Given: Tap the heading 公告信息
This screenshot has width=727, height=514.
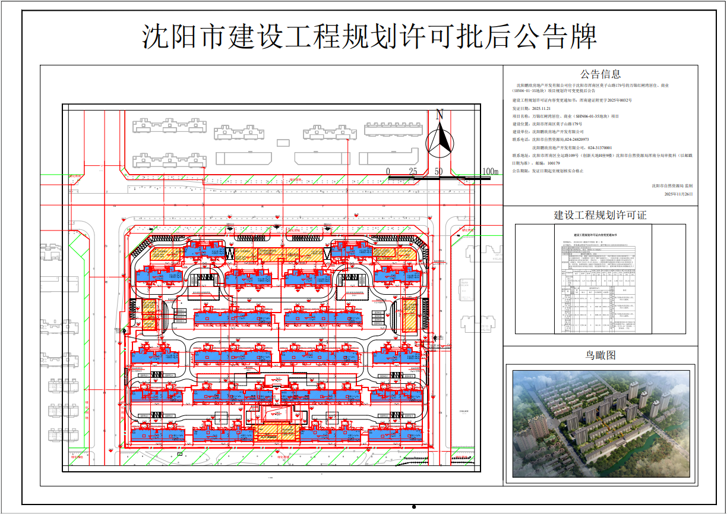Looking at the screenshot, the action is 600,74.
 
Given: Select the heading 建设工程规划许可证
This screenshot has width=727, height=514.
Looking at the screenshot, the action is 600,215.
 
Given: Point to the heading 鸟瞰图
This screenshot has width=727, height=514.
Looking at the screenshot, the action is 600,355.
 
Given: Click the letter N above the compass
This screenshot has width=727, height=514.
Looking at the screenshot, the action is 440,115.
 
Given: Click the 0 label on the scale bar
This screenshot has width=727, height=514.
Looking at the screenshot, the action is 388,172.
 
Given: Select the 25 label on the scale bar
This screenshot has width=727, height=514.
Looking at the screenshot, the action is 413,172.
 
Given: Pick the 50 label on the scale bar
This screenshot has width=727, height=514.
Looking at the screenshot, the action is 438,172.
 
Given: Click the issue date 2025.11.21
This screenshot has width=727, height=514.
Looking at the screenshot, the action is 542,109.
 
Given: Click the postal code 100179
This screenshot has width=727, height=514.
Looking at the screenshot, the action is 554,163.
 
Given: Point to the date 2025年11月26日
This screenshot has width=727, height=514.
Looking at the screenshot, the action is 678,194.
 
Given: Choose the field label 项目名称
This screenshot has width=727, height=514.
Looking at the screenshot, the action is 520,117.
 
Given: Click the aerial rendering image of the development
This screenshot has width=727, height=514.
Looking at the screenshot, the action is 600,423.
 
